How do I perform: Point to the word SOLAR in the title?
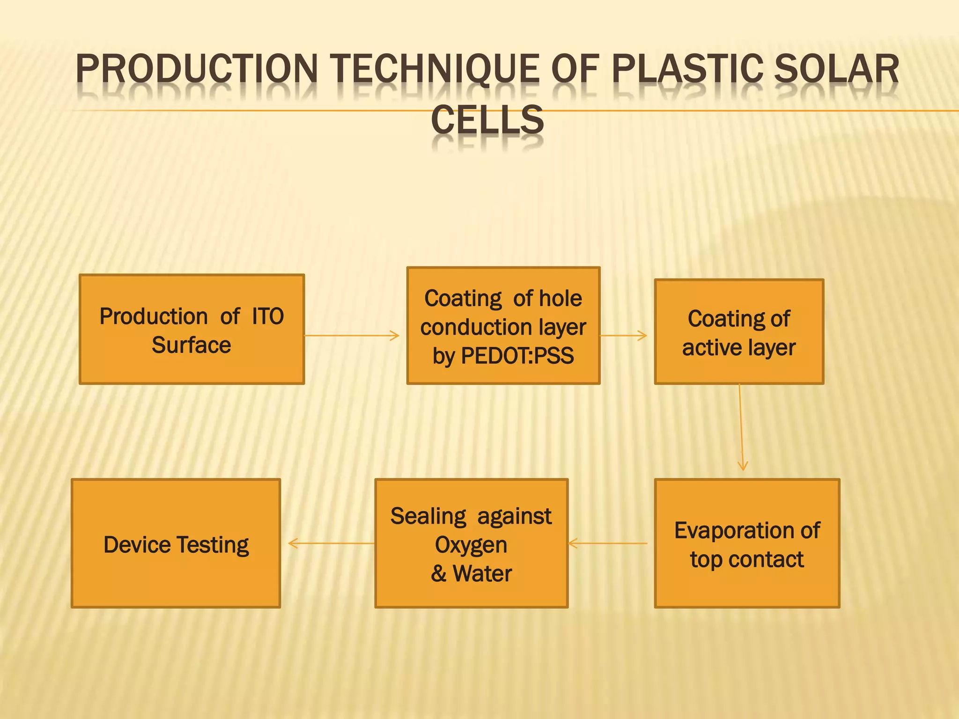pyautogui.click(x=836, y=69)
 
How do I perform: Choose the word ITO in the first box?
pyautogui.click(x=268, y=316)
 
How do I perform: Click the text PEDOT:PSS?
pyautogui.click(x=517, y=356)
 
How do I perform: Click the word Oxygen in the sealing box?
pyautogui.click(x=471, y=545)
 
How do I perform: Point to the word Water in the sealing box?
pyautogui.click(x=482, y=573)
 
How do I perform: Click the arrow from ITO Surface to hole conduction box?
pyautogui.click(x=351, y=335)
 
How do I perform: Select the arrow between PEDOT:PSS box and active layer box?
pyautogui.click(x=623, y=335)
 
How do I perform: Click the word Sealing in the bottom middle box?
pyautogui.click(x=428, y=516)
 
